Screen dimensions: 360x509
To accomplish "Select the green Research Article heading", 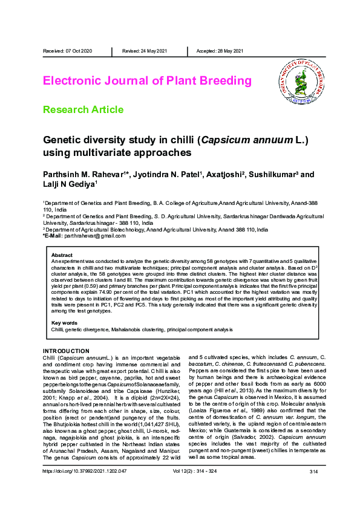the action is pos(91,109).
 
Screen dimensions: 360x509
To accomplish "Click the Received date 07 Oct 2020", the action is pos(67,51).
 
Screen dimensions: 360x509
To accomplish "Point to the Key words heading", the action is pos(65,323).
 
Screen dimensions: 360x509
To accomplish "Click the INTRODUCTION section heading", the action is pos(66,351).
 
